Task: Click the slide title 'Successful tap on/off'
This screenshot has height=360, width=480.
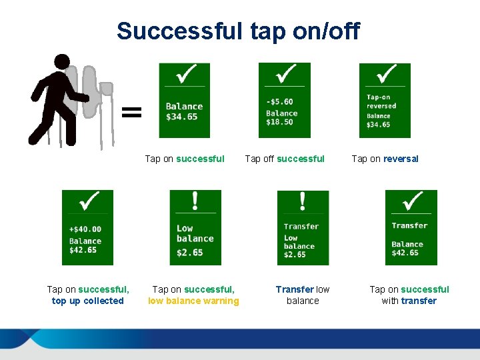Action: (238, 31)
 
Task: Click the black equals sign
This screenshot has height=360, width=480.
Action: (132, 111)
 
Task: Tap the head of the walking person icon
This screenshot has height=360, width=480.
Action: (62, 62)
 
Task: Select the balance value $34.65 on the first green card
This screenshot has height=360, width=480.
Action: (182, 117)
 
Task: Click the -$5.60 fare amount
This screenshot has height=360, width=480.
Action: (279, 102)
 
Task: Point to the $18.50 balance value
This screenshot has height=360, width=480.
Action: (281, 123)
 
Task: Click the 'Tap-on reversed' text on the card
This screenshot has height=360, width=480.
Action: (381, 101)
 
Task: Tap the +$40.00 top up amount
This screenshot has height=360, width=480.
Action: (85, 229)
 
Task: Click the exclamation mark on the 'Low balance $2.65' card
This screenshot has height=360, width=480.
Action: (195, 200)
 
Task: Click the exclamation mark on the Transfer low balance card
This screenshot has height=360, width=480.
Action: (303, 201)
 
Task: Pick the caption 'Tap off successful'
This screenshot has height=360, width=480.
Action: (285, 159)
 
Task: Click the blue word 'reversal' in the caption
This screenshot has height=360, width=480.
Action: (401, 159)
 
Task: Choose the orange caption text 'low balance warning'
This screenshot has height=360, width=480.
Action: (193, 301)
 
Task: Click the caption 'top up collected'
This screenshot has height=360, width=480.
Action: (88, 301)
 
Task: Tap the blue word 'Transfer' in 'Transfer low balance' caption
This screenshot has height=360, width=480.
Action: (295, 289)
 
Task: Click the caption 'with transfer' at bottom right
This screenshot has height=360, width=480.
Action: (409, 301)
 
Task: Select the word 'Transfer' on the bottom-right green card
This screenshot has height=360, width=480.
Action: (409, 225)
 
